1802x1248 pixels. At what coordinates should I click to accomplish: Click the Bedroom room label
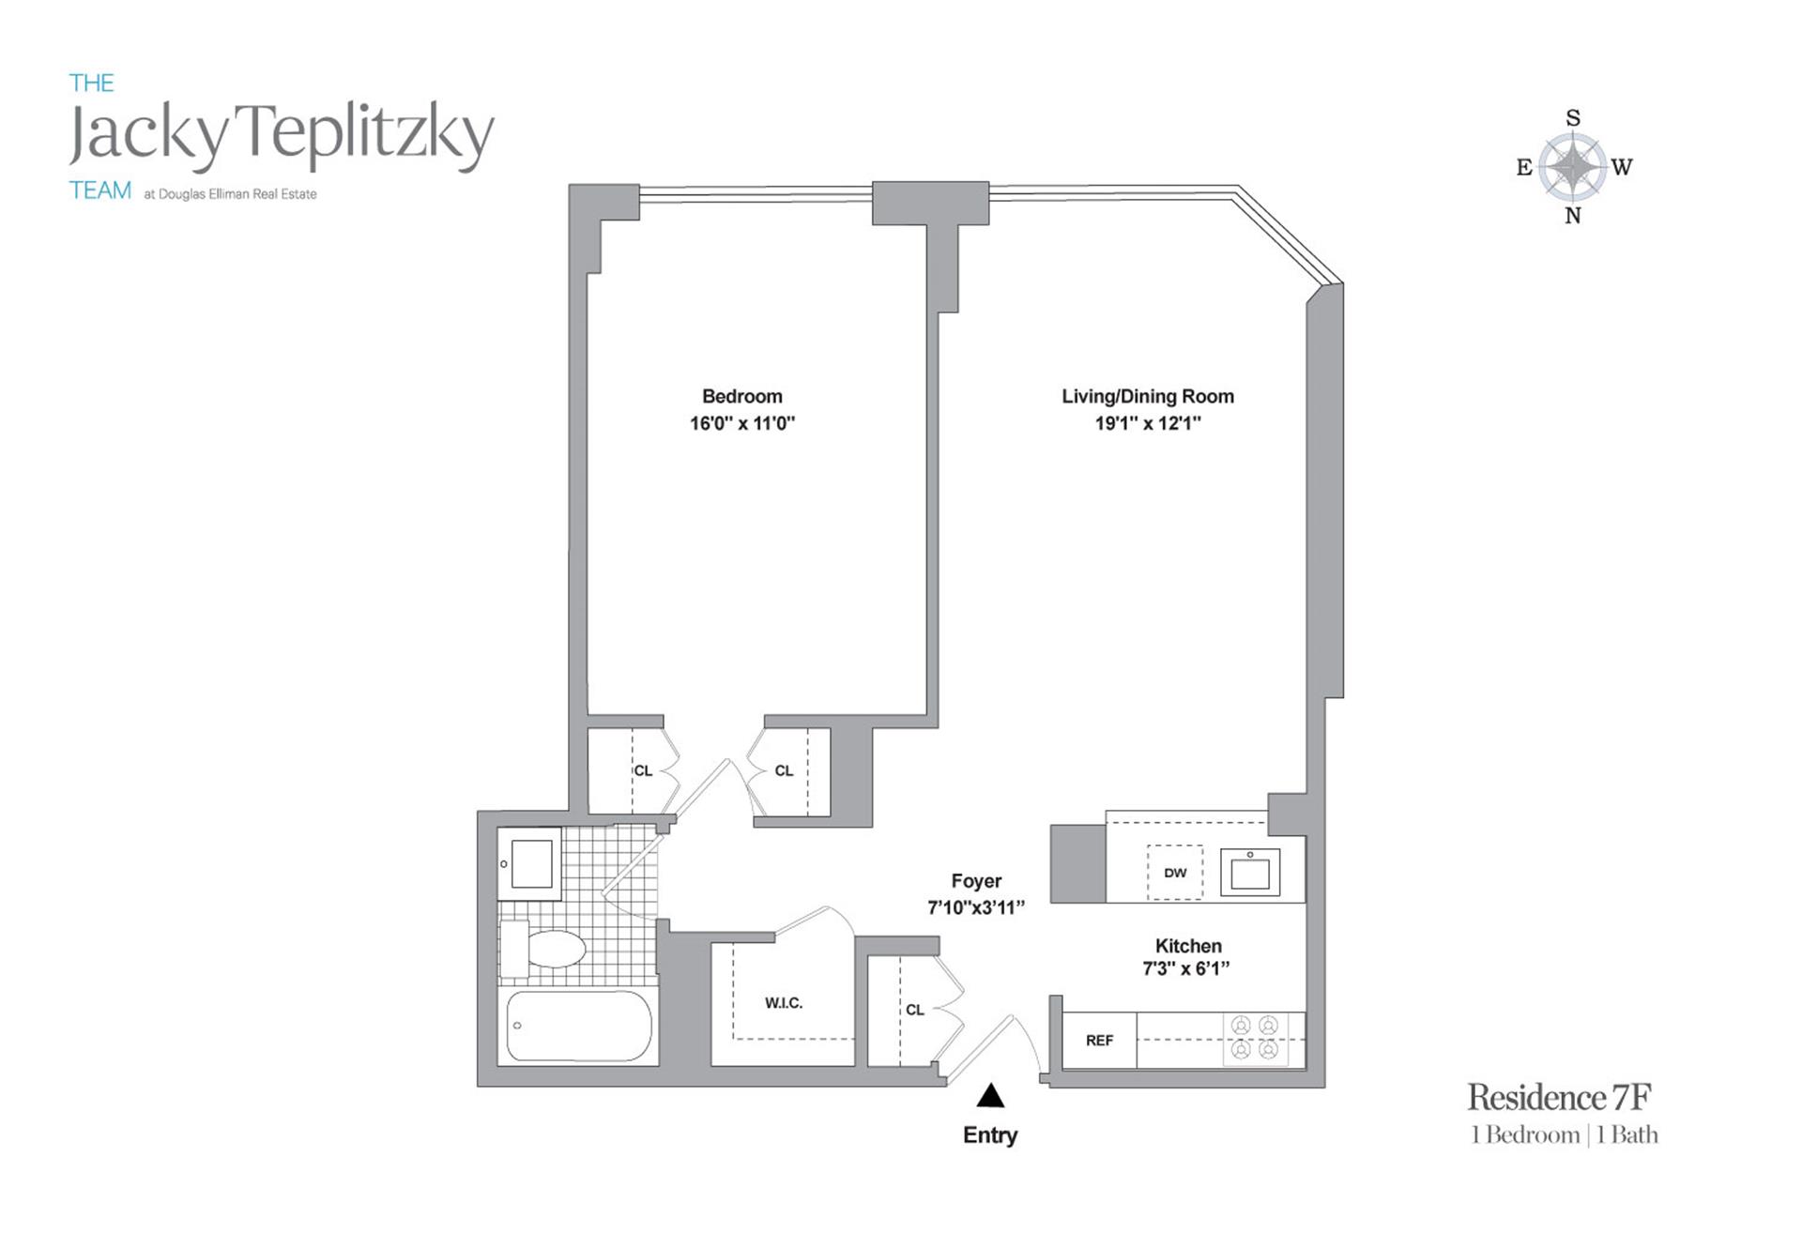(x=741, y=396)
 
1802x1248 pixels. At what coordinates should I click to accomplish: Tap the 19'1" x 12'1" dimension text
(x=1147, y=423)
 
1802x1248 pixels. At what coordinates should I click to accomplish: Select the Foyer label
(x=976, y=881)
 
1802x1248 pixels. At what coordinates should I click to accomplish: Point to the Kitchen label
(x=1187, y=946)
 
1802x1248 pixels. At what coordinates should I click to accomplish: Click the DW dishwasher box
(x=1175, y=873)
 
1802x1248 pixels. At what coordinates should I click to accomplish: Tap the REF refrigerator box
(x=1099, y=1040)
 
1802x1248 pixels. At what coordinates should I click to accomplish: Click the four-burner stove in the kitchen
(x=1255, y=1038)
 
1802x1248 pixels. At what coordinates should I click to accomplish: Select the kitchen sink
(x=1249, y=873)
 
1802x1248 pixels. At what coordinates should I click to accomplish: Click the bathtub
(x=578, y=1027)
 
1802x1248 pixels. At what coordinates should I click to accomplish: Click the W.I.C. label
(x=783, y=1003)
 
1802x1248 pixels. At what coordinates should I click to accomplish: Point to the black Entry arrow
(x=990, y=1096)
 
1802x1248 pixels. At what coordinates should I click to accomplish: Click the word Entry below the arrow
(x=990, y=1135)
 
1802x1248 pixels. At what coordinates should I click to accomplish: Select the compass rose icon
(x=1573, y=167)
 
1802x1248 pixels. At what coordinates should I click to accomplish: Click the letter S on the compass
(x=1573, y=118)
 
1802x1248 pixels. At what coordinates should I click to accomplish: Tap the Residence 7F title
(x=1559, y=1097)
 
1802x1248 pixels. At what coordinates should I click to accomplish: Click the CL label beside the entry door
(x=915, y=1010)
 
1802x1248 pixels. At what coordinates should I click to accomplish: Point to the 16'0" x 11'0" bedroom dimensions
(x=741, y=423)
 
